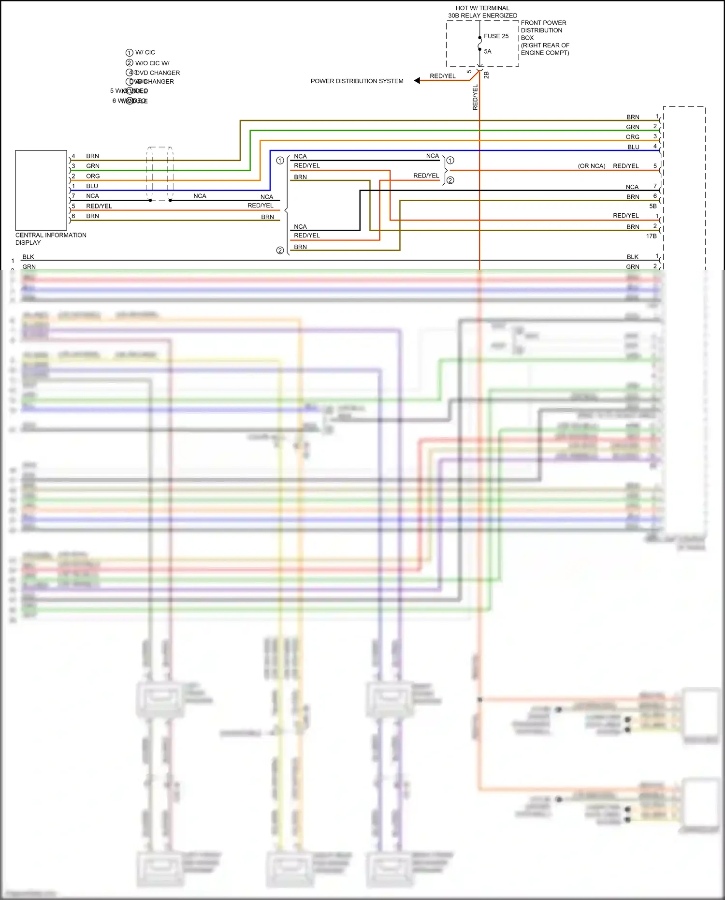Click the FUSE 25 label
coord(496,36)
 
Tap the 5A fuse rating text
coord(487,51)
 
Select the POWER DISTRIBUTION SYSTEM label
coord(357,81)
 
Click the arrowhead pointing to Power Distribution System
coord(417,81)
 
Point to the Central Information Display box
coord(41,190)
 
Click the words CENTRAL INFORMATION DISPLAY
coord(51,239)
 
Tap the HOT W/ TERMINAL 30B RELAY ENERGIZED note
coord(482,12)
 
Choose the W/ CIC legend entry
coord(145,52)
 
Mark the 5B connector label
coord(652,206)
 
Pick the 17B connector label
coord(651,236)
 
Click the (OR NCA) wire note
coord(591,166)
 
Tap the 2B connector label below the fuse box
coord(486,75)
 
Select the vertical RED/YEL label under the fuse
coord(475,97)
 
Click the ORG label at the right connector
coord(632,137)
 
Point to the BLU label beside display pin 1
coord(92,186)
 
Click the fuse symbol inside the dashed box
coord(479,44)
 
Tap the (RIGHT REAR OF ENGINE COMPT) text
coord(545,49)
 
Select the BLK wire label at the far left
coord(28,257)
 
